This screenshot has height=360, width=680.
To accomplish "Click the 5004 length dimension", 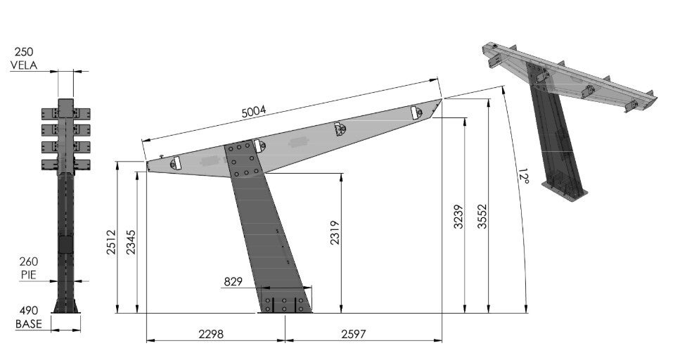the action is [254, 112].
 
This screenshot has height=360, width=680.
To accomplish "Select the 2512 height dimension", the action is [111, 242].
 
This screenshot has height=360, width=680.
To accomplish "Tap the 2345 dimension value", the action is [131, 242].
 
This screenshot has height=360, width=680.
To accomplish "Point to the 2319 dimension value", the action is [335, 233].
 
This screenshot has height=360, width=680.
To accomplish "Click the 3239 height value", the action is [458, 217].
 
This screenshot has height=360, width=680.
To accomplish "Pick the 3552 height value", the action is [482, 217].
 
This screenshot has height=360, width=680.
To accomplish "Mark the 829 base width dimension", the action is [233, 282].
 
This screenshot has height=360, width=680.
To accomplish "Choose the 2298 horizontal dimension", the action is [211, 334].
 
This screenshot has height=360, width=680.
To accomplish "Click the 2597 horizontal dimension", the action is [354, 334].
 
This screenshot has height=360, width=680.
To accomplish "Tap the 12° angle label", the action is [523, 176].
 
